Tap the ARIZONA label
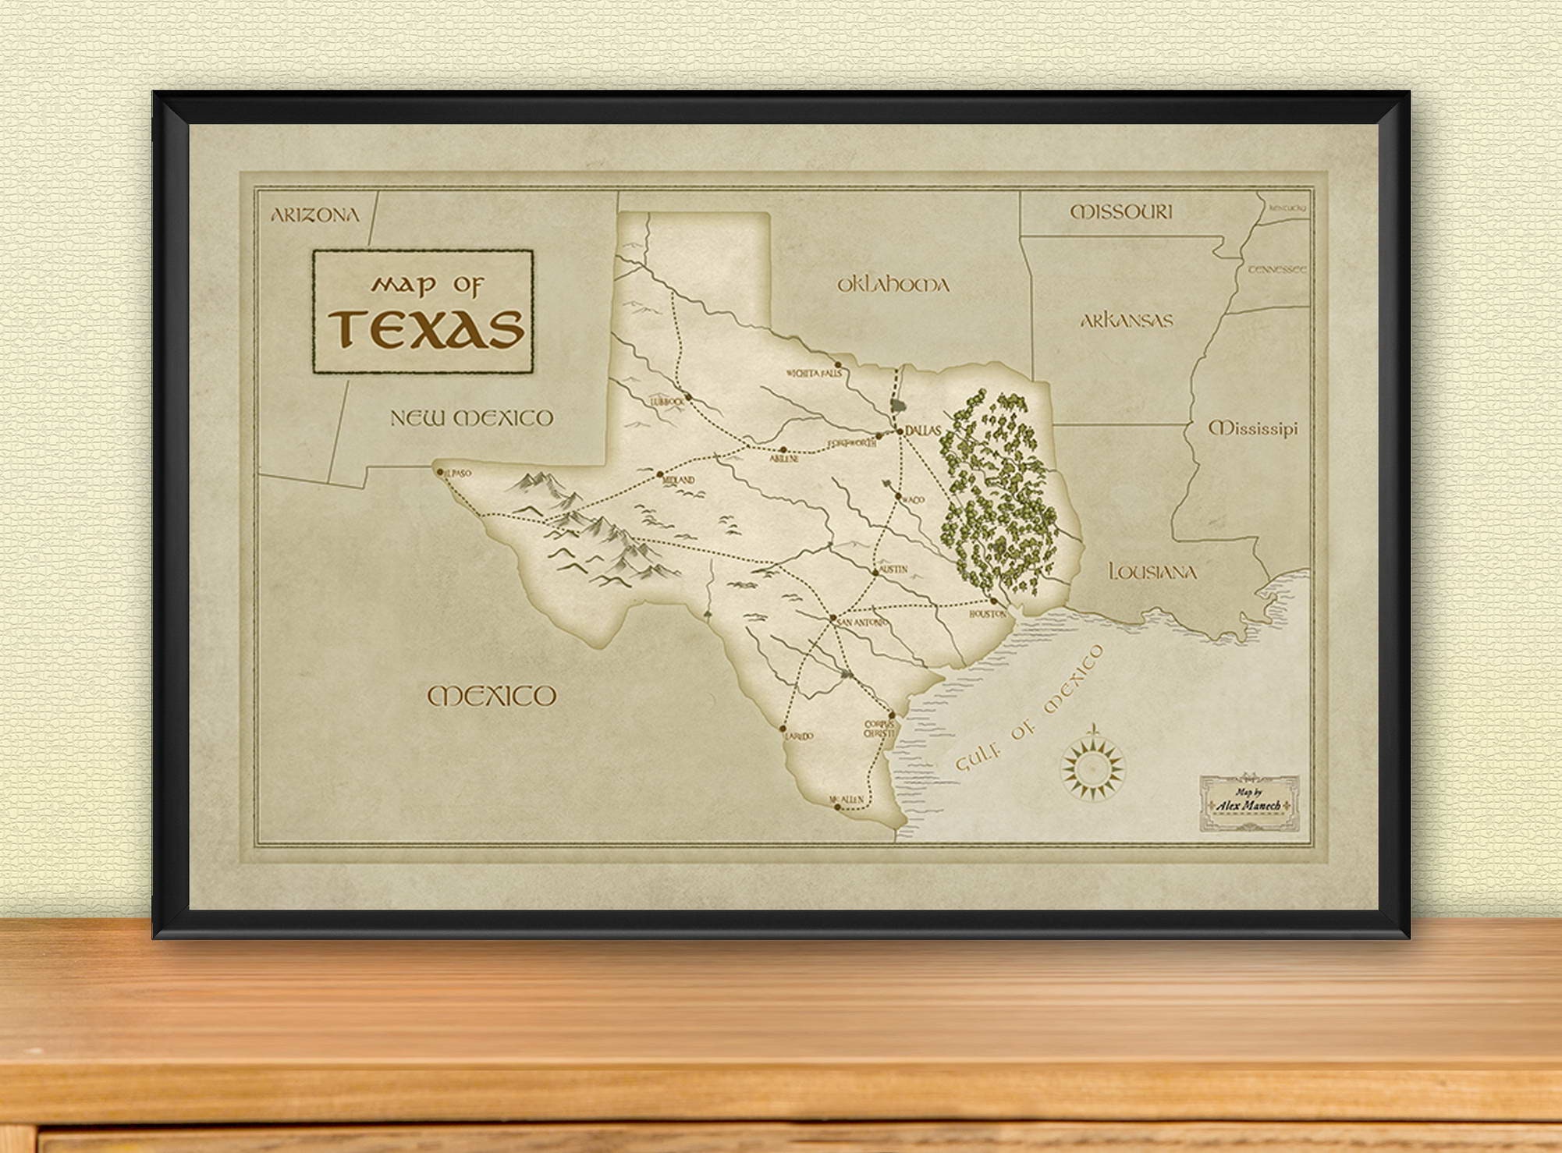click(x=315, y=215)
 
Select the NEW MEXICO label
click(x=471, y=418)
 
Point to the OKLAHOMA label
click(x=893, y=285)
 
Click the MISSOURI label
click(x=1120, y=211)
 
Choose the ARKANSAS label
click(x=1127, y=320)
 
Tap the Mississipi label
click(x=1253, y=428)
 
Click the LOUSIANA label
click(x=1152, y=572)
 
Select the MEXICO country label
click(x=492, y=696)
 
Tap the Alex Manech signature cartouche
click(x=1249, y=804)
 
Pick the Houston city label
click(x=988, y=614)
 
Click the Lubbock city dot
click(x=688, y=397)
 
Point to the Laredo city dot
click(x=783, y=728)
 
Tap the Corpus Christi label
click(x=879, y=729)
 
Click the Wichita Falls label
click(x=814, y=374)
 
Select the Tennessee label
click(x=1276, y=269)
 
